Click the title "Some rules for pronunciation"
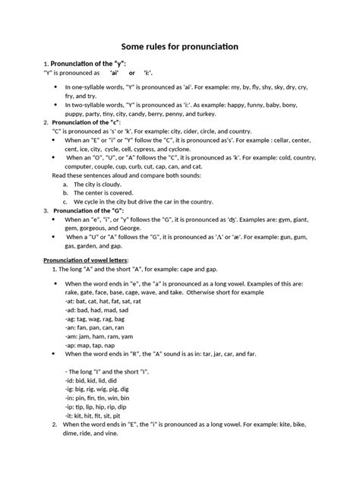(180, 47)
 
